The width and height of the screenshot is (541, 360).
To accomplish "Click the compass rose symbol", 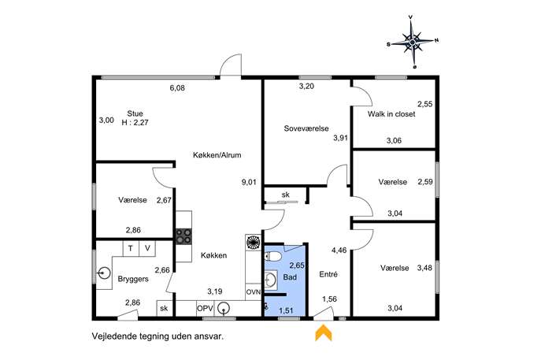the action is coord(413,42).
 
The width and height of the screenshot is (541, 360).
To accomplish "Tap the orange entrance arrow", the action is coord(324,332).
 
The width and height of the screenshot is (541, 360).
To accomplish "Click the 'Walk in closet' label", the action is coord(391,114).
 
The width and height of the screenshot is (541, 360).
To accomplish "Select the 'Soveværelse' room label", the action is coord(306,128).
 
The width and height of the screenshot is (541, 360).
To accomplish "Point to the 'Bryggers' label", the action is coord(133,279).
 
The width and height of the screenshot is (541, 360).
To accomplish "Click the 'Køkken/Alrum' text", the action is coord(217,155).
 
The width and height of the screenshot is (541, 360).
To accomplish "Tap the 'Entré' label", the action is coord(328,274).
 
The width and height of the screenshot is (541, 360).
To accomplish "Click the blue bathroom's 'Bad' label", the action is coord(290,277).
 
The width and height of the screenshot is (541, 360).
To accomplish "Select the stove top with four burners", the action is coord(184,237).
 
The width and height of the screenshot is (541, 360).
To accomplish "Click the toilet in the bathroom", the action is coord(273,257).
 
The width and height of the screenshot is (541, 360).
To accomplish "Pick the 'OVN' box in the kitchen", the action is coord(254,292).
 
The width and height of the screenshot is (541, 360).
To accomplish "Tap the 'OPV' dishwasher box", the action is coord(205,308).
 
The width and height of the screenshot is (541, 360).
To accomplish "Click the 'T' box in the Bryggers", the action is coord(131,248).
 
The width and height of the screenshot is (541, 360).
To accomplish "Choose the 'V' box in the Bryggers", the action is coord(147,248).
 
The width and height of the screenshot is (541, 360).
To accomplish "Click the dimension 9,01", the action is coord(249,182).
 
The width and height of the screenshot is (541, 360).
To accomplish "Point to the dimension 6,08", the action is coord(177,88).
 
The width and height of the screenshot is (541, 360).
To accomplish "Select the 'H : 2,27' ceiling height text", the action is coord(135,122).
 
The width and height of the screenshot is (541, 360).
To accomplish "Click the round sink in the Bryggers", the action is coord(103,273).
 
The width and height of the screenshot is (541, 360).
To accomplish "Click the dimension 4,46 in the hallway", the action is coord(339,251).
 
